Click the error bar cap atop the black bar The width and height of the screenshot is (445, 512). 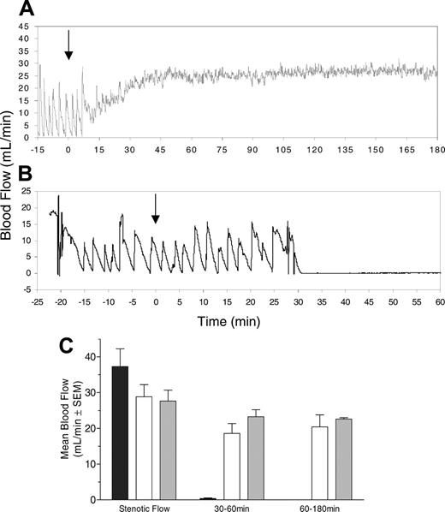[x=120, y=349]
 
